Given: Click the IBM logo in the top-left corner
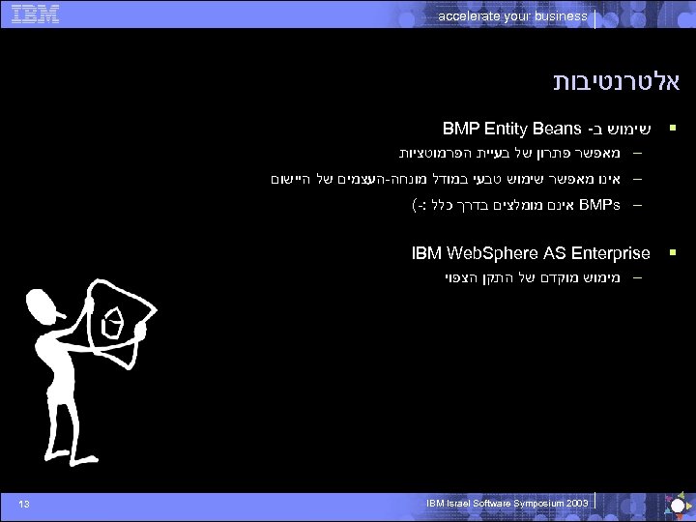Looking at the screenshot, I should [x=37, y=14].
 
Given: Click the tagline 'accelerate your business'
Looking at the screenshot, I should [x=511, y=16].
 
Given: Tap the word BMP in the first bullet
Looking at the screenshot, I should [x=460, y=128].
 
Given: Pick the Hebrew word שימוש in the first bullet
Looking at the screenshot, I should [x=627, y=129].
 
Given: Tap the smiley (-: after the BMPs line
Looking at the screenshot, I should [x=420, y=206].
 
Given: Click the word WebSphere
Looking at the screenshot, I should [x=489, y=253].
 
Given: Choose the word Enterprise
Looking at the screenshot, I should [x=612, y=253].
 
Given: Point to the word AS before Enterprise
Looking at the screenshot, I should [x=554, y=253].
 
